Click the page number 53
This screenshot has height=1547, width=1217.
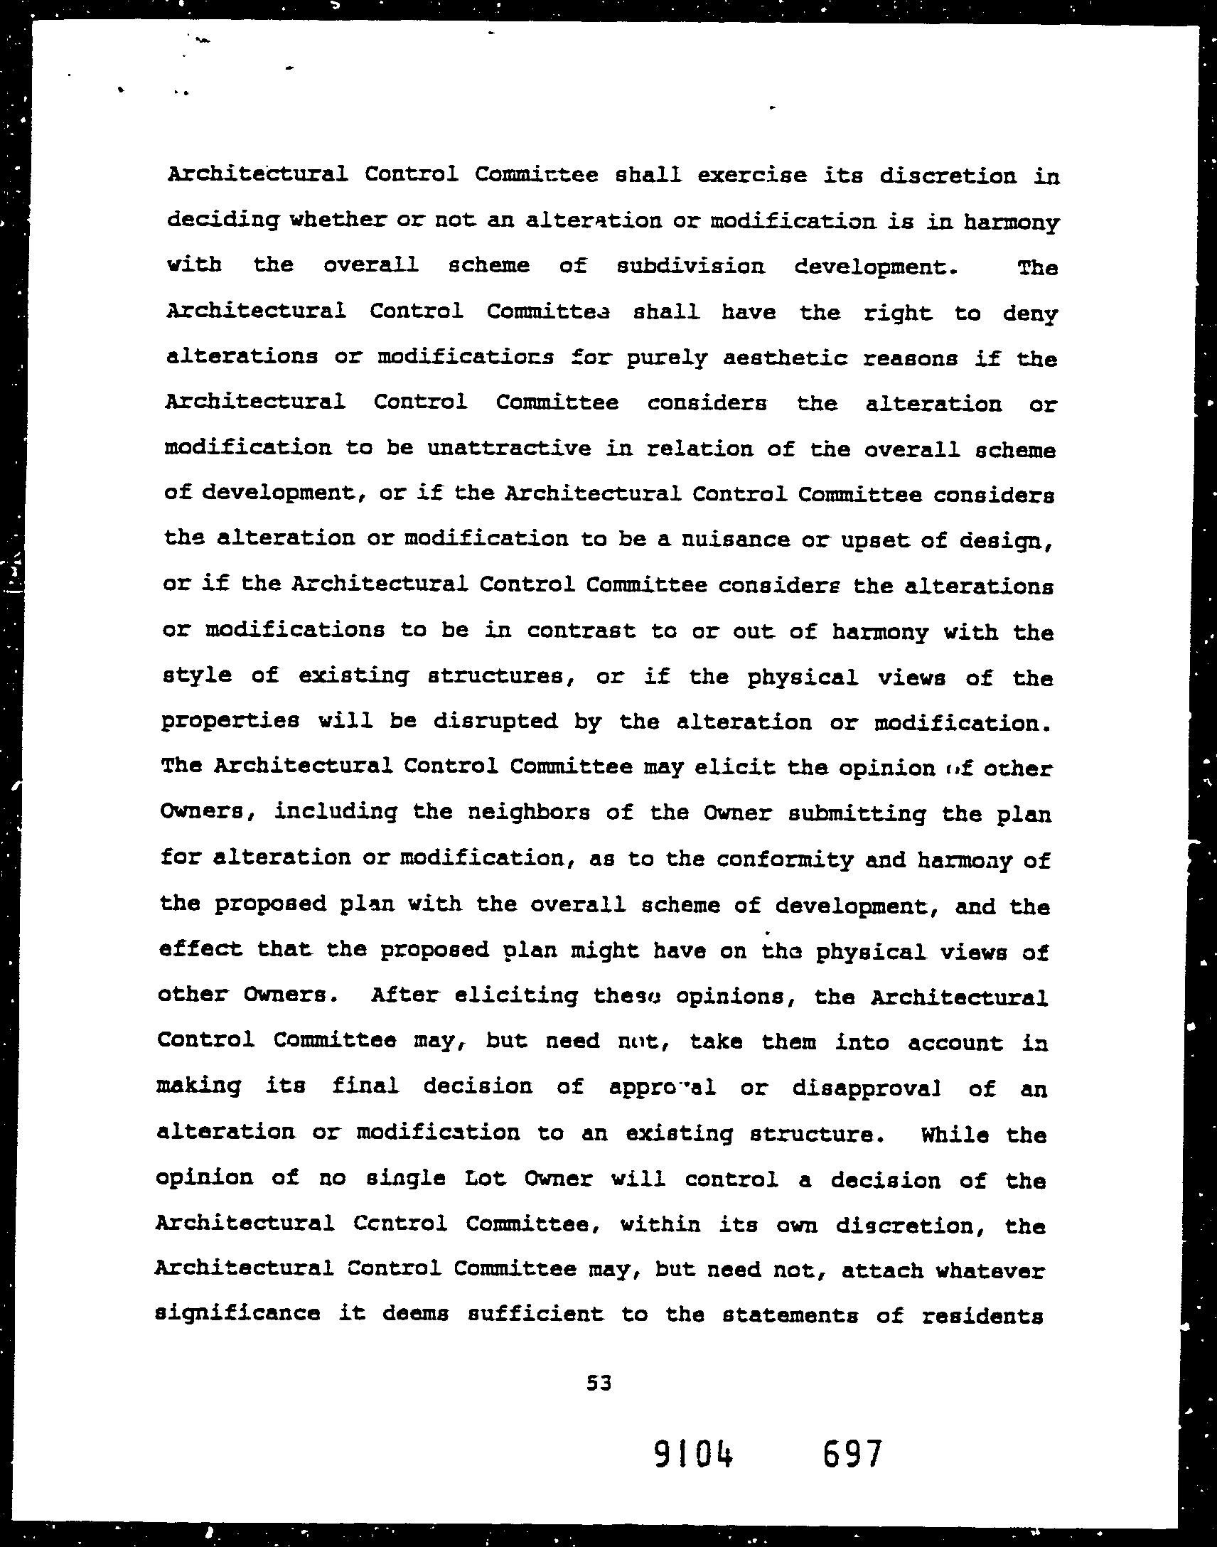point(599,1383)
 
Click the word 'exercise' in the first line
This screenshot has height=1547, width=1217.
point(752,176)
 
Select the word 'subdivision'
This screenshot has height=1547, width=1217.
point(690,267)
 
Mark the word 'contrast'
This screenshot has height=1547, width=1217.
point(581,631)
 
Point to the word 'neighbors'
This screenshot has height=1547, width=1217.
point(527,813)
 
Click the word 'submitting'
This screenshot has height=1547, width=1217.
point(857,814)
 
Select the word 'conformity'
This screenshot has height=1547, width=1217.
point(785,860)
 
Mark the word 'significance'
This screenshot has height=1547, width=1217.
point(237,1315)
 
